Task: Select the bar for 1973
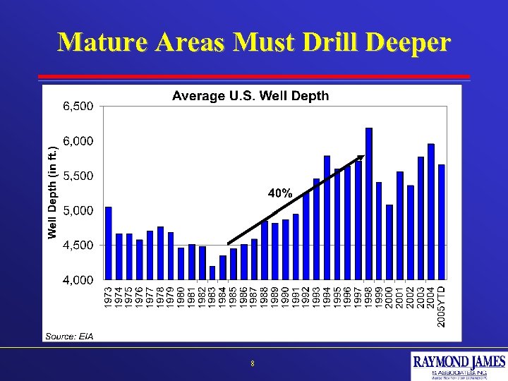(x=108, y=243)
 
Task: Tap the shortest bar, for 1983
(x=212, y=272)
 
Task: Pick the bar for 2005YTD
(x=442, y=222)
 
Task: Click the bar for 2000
(x=389, y=241)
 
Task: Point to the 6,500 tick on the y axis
(x=78, y=107)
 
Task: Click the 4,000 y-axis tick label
(x=78, y=280)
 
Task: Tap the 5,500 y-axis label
(x=78, y=176)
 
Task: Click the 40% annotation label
(x=279, y=193)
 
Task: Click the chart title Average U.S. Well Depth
(x=250, y=96)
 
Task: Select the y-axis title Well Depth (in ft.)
(x=52, y=192)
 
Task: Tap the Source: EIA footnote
(x=69, y=335)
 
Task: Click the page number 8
(x=252, y=364)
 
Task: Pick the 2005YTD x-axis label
(x=442, y=305)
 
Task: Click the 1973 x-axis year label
(x=108, y=296)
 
